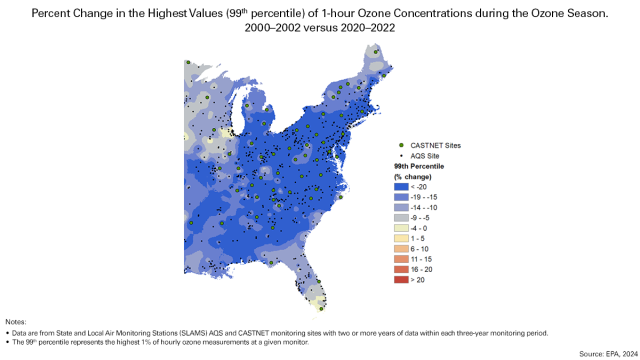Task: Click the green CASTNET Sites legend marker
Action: pos(400,146)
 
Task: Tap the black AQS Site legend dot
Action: pos(400,156)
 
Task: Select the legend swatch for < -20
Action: pos(400,186)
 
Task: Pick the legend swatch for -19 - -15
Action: pos(400,197)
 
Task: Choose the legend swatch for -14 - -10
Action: pos(400,207)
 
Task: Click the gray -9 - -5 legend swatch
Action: pos(400,217)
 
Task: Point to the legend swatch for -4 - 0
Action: pos(400,228)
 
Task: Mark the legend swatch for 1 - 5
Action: pos(400,238)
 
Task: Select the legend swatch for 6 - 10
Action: pos(400,248)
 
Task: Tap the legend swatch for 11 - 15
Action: pos(400,258)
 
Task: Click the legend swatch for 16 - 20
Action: pos(400,269)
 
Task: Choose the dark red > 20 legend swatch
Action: pos(400,279)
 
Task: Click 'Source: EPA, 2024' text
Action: pos(605,353)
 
